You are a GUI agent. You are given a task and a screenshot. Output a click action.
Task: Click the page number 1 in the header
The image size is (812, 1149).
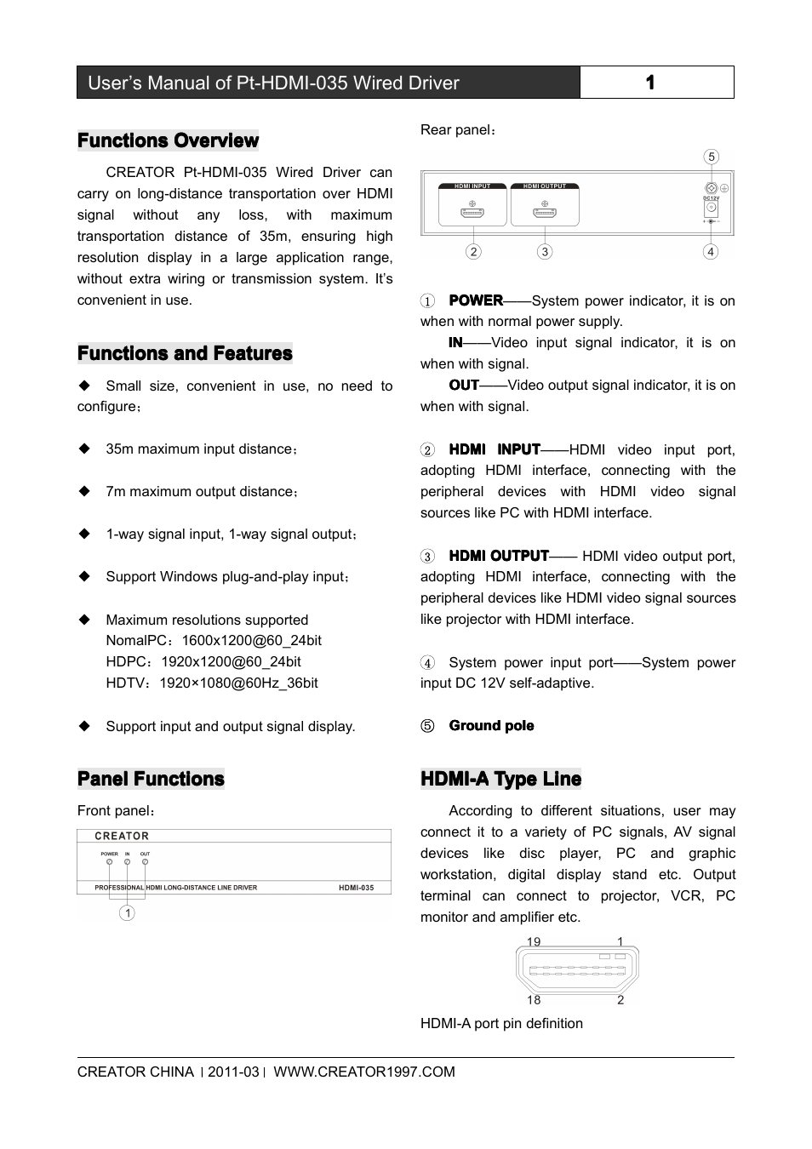click(x=650, y=83)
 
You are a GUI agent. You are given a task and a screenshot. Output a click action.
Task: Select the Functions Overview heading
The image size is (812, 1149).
click(x=168, y=140)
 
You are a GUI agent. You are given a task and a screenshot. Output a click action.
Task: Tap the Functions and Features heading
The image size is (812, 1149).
click(x=185, y=353)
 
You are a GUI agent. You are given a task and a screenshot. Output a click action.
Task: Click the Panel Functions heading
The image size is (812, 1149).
click(x=151, y=779)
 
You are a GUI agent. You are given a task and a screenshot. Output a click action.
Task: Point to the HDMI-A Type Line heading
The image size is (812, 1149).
click(x=500, y=779)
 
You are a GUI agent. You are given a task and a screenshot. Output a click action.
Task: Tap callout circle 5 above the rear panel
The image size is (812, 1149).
click(x=712, y=157)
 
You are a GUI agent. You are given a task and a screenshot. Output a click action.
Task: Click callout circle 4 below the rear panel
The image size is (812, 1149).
click(x=711, y=251)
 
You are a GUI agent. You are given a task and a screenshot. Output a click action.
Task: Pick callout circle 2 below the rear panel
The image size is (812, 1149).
click(x=473, y=251)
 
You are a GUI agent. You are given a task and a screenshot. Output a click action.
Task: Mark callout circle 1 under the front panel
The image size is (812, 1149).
click(x=127, y=913)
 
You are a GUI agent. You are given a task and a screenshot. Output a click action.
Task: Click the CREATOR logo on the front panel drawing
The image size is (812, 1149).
click(x=122, y=836)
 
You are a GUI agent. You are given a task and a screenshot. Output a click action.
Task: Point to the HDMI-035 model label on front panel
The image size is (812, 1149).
click(x=356, y=888)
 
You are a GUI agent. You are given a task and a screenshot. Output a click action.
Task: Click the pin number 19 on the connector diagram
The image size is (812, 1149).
click(x=534, y=941)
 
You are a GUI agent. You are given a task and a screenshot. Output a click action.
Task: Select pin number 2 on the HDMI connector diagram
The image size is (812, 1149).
click(x=620, y=1000)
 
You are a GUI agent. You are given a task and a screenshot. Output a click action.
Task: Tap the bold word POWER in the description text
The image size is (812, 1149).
click(x=476, y=300)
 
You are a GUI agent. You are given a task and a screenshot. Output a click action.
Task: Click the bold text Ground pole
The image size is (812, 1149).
click(x=491, y=726)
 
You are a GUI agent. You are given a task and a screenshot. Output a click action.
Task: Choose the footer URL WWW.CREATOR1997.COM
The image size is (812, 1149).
click(x=363, y=1072)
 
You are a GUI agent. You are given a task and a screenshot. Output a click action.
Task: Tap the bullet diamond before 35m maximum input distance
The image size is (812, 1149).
click(x=84, y=449)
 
